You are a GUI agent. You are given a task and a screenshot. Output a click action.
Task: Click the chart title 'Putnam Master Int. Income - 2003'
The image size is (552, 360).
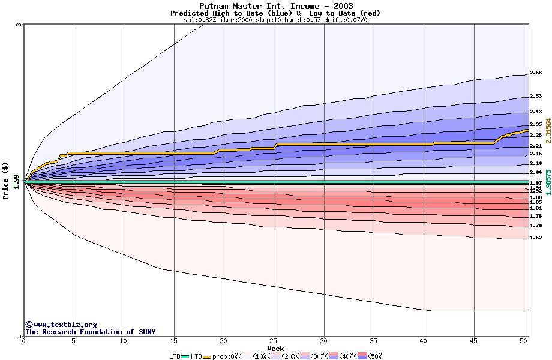coord(275,7)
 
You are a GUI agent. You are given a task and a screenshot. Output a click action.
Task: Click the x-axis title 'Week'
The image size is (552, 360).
coord(275,349)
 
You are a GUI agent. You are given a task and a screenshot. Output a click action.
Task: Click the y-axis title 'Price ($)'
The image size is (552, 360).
coord(6,181)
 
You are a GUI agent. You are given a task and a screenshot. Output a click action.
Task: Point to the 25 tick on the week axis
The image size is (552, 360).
coord(274,341)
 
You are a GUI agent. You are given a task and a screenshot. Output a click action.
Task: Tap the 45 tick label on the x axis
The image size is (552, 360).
coord(474,341)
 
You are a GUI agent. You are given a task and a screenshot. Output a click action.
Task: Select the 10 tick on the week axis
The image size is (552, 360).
coord(124,341)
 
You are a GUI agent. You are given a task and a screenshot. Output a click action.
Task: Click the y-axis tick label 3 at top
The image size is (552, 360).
coord(19,25)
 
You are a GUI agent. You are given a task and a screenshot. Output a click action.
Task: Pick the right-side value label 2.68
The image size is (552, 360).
coord(536,73)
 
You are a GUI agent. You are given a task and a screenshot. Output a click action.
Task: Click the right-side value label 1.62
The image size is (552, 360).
coord(536,238)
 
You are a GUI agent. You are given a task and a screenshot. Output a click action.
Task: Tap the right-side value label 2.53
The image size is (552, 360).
coord(536,96)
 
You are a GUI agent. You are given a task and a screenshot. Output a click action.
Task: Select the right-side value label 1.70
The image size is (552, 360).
coord(536,226)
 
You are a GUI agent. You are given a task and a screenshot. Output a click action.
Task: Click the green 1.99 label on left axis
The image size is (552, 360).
coord(17,181)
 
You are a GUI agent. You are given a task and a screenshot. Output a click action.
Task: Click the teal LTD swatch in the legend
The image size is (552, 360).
coord(185,356)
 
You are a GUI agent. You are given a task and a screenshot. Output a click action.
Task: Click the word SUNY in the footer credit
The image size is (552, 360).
coord(146,332)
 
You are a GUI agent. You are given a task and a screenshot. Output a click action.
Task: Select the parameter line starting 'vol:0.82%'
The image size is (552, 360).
coord(275,20)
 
